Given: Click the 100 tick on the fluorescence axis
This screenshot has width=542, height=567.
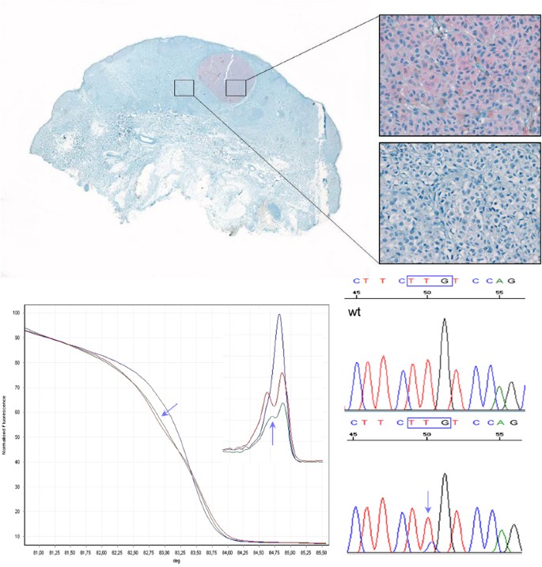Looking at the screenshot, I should (16, 313).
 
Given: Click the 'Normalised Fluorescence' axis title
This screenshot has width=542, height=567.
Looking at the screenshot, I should (5, 428).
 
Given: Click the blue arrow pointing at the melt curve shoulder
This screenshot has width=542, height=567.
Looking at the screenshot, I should (169, 409).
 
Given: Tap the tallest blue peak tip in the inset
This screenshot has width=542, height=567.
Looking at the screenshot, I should (279, 316).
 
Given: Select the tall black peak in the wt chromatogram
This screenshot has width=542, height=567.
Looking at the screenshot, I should (445, 321).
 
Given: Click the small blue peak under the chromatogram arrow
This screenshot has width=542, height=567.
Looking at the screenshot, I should (429, 544).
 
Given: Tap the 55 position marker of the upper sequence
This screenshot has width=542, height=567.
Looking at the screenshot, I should (498, 293).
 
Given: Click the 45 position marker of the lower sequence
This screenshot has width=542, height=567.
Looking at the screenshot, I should (354, 435).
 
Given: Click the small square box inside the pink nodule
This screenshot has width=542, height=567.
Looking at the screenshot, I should (236, 88).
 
